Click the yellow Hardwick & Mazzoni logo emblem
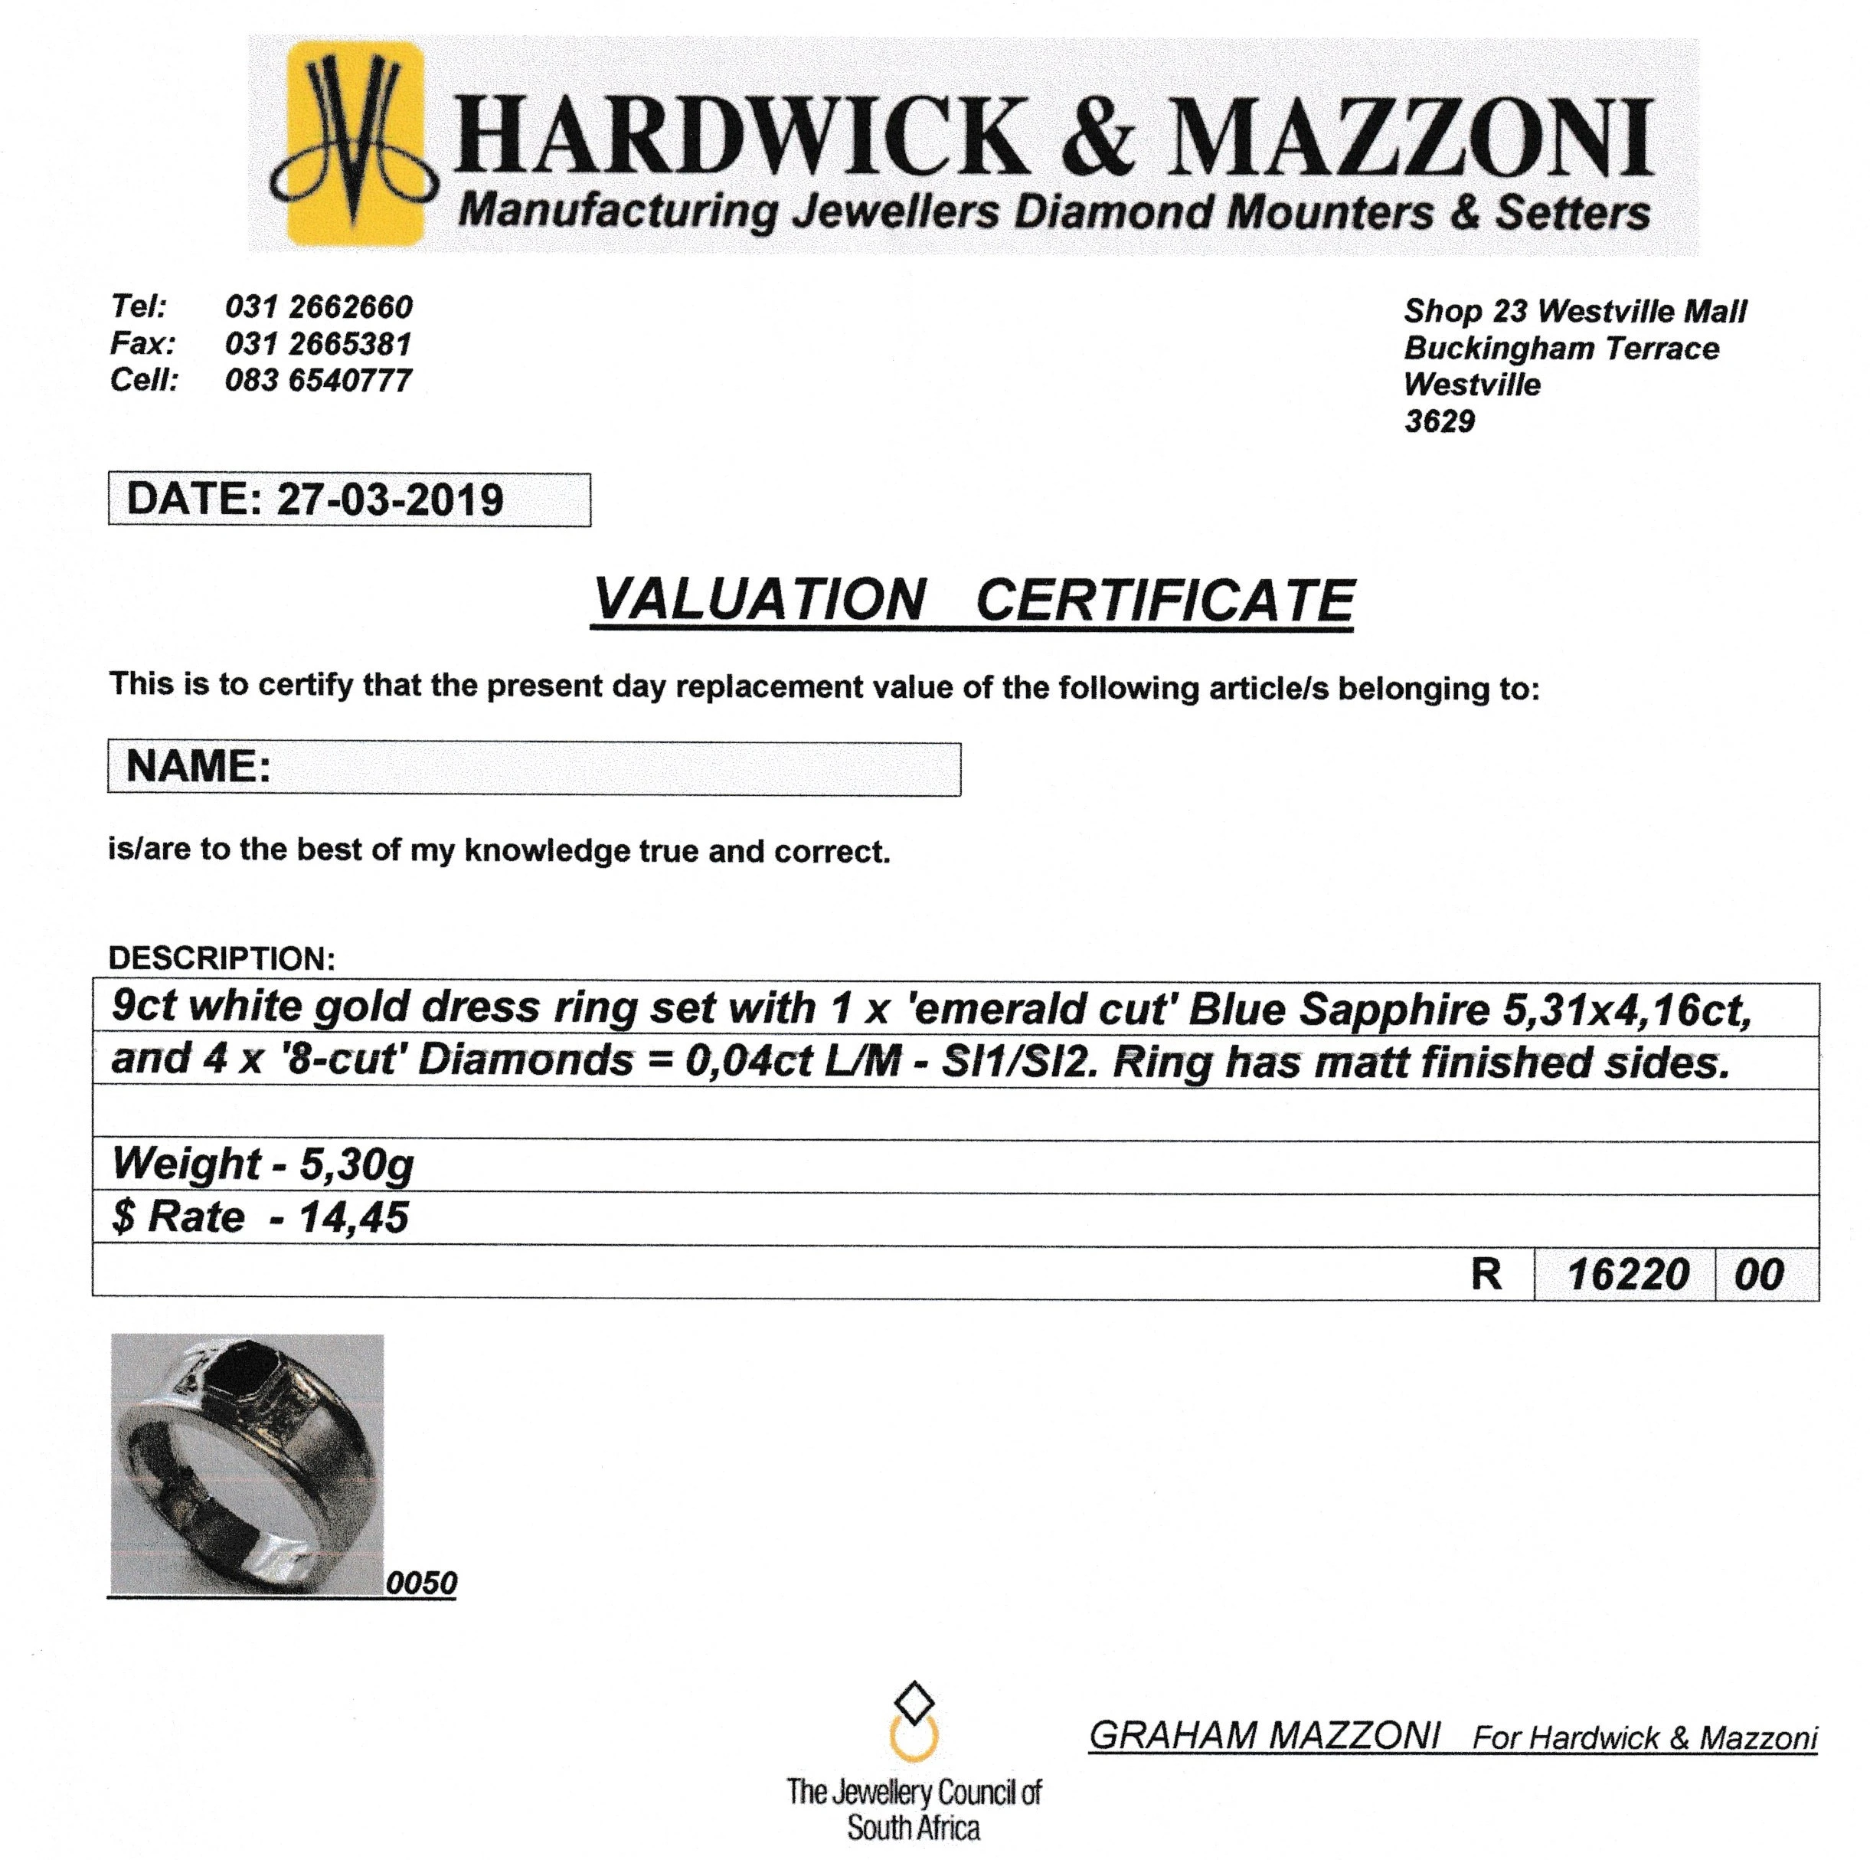tap(355, 143)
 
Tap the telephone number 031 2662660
tap(319, 307)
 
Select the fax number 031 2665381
tap(319, 344)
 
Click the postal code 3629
tap(1440, 421)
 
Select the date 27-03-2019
tap(390, 500)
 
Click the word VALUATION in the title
tap(760, 601)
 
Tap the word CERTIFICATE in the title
tap(1165, 601)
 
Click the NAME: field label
tap(198, 767)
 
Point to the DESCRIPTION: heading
tap(221, 958)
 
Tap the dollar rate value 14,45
tap(353, 1218)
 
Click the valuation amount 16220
tap(1627, 1274)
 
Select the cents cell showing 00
tap(1759, 1274)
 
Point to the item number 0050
tap(421, 1583)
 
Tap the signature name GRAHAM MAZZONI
tap(1264, 1736)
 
